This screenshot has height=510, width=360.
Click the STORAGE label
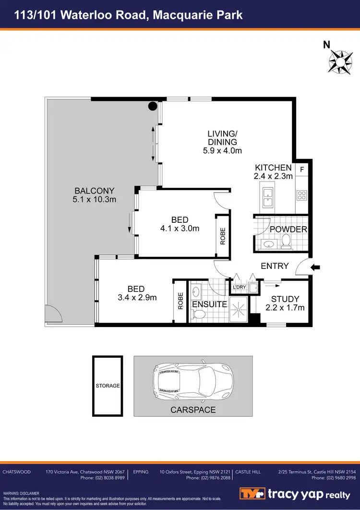tap(108, 386)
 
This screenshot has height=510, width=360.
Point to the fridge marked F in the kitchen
tap(302, 169)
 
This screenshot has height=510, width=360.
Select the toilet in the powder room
tap(286, 242)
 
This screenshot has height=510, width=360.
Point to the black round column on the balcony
tap(152, 107)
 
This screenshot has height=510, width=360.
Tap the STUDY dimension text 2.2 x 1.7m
tap(285, 308)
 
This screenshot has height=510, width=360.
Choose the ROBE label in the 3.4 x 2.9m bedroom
tap(180, 301)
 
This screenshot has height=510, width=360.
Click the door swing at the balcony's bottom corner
tap(53, 314)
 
